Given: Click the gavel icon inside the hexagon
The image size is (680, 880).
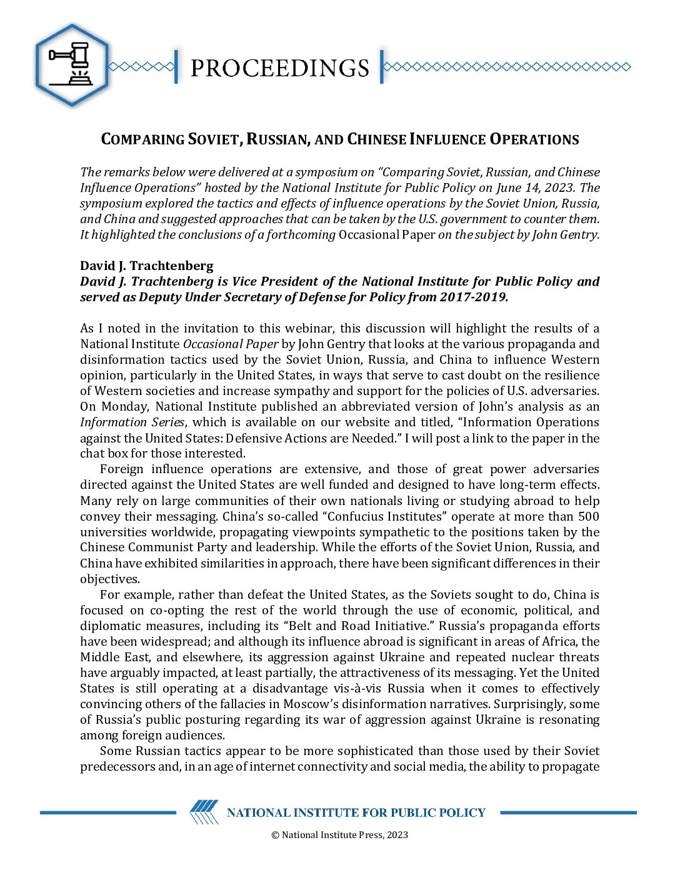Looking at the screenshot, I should tap(71, 64).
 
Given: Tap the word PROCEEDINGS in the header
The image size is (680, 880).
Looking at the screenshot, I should tap(279, 67).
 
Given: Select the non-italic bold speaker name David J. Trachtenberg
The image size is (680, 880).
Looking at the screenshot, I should tap(147, 266).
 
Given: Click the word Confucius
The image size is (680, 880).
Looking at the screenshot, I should tap(292, 516).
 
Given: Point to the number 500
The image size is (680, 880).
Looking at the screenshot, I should tap(588, 516).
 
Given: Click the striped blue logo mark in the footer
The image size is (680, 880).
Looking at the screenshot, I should tap(204, 812).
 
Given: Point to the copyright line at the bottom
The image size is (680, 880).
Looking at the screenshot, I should tap(339, 835).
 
